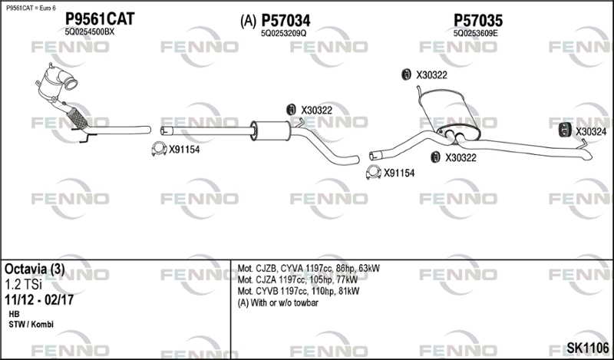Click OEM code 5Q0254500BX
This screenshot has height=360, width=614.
(x=90, y=32)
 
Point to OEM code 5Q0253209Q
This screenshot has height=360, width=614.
(x=283, y=33)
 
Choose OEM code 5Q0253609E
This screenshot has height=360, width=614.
(x=476, y=33)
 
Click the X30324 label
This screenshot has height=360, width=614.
(x=591, y=132)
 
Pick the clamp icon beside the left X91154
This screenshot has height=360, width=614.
(x=158, y=150)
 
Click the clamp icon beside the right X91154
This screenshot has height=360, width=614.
(x=373, y=173)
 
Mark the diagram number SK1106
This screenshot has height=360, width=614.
(x=586, y=348)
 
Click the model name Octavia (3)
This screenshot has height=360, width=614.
(x=35, y=269)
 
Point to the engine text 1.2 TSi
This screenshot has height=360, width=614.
(x=24, y=284)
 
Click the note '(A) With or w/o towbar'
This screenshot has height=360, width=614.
(x=278, y=303)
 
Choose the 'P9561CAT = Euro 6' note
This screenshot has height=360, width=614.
(x=31, y=7)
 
